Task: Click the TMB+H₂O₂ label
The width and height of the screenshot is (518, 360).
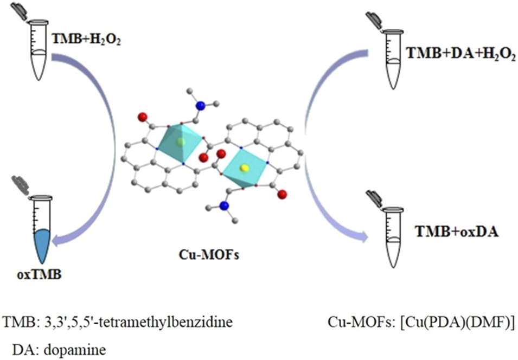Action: click(x=86, y=39)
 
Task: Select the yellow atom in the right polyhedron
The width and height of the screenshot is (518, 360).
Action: click(x=245, y=169)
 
